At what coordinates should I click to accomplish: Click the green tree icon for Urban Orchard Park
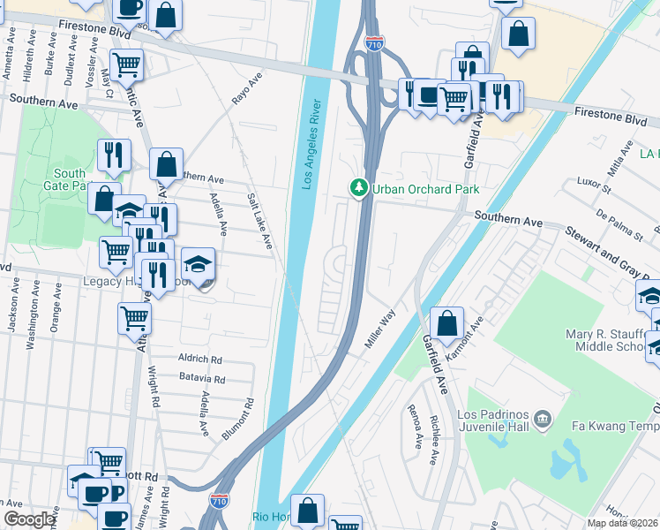click(358, 187)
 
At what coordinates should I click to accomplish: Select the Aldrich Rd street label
click(199, 360)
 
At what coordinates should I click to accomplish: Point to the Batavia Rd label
click(202, 380)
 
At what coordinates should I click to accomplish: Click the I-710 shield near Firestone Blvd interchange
click(374, 42)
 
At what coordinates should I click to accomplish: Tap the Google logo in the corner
click(29, 519)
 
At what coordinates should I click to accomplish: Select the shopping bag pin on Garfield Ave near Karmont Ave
click(447, 324)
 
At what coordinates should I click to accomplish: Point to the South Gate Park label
click(69, 179)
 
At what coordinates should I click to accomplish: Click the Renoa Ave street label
click(414, 428)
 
